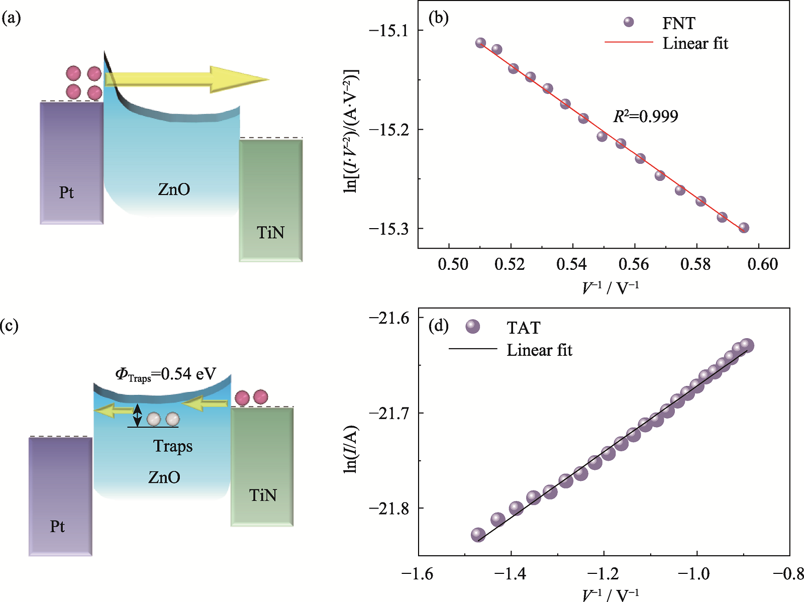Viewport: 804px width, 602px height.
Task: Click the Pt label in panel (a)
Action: pos(66,192)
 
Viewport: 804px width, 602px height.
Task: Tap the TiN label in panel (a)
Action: pos(270,233)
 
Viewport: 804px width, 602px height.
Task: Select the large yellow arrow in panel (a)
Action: pos(186,79)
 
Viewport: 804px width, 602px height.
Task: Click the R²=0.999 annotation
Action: pos(646,117)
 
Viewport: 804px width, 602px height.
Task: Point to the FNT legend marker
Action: pos(628,22)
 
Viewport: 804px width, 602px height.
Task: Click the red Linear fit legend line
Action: pos(628,43)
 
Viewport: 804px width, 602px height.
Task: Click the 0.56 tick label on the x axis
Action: pos(634,264)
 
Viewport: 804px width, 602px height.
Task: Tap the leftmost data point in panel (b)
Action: pos(481,43)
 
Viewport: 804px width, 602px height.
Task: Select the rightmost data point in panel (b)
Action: pos(744,228)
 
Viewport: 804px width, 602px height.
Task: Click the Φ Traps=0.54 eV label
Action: pos(166,374)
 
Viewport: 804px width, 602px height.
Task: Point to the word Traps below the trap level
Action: pos(173,446)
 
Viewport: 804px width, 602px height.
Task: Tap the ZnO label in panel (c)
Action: pos(164,477)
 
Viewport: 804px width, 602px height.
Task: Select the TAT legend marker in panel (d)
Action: pos(472,327)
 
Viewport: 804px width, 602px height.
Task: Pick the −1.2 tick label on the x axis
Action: pos(604,574)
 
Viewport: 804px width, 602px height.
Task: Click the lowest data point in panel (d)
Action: pos(478,535)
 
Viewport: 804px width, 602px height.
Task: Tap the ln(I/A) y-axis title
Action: pos(350,449)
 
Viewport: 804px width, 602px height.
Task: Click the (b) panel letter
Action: pos(438,19)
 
